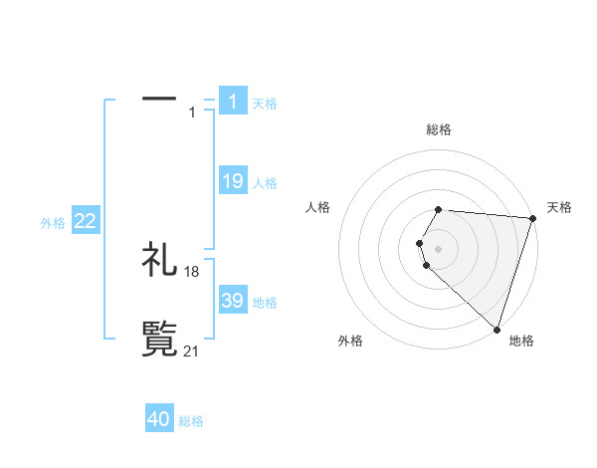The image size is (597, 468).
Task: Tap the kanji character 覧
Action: coord(160,339)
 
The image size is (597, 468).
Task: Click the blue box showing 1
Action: coord(232,101)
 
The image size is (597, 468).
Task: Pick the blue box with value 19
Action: coord(232,181)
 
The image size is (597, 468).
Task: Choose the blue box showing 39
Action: coord(232,301)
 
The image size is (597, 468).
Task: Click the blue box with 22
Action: coord(86,222)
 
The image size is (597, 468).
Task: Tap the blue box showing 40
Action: coord(159,419)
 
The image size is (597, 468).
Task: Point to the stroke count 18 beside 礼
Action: coord(192,272)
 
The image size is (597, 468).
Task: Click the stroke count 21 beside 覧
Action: coord(192,351)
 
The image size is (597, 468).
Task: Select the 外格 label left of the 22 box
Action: coord(53,223)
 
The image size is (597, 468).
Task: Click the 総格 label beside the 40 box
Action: coord(191,421)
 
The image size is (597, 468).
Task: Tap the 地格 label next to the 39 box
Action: coord(265,303)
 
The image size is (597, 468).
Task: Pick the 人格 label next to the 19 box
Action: coord(265,183)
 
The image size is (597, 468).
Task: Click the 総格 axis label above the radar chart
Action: coord(439,129)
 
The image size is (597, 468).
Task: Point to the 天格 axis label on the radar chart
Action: coord(559,207)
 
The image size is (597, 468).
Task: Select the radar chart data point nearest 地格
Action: coord(497,329)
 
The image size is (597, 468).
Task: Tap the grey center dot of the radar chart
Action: coord(439,248)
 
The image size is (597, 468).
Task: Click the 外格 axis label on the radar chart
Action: coord(350,341)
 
